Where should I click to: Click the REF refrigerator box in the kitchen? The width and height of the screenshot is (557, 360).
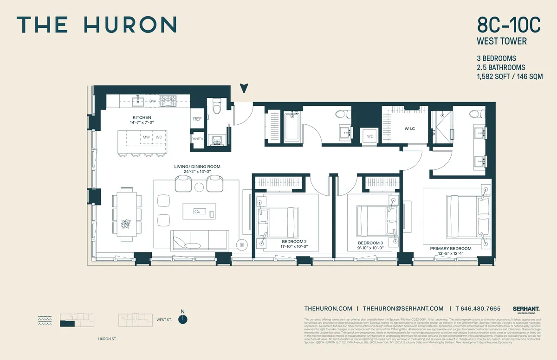click(197, 119)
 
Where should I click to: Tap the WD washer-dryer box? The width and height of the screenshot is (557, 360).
click(370, 136)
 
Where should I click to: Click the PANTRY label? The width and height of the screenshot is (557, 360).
click(197, 139)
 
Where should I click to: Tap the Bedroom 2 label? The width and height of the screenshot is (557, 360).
click(294, 242)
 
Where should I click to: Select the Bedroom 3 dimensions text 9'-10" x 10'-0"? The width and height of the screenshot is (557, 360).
click(370, 248)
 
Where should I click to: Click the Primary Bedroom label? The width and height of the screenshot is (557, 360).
click(450, 248)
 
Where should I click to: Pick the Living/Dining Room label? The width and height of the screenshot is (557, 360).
click(197, 166)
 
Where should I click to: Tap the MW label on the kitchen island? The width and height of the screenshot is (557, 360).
click(146, 137)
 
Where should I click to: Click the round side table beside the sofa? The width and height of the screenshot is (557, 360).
click(241, 245)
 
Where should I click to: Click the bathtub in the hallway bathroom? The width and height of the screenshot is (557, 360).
click(293, 126)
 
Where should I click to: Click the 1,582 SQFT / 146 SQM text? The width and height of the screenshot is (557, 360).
click(510, 77)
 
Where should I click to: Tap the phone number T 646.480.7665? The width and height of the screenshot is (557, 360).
click(478, 309)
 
